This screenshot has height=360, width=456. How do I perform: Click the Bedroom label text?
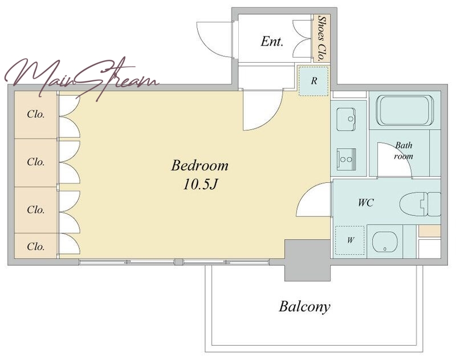point(199,166)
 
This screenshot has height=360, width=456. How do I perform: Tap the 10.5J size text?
point(201,185)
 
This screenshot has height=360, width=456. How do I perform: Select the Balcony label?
point(304,307)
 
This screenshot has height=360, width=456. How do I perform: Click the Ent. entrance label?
point(272,41)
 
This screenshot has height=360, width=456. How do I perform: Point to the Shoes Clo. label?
point(321,38)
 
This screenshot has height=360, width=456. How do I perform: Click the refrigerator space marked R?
point(313,81)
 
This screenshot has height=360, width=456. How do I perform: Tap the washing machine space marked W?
point(350,240)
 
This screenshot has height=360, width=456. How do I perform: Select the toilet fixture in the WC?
point(420,204)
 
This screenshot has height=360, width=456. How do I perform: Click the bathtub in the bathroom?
point(405,111)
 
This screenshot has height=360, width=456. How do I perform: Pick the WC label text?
point(365,203)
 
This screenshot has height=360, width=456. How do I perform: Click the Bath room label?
point(404,150)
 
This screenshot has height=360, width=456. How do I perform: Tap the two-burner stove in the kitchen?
point(347,159)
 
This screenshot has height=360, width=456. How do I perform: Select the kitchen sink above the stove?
point(346,120)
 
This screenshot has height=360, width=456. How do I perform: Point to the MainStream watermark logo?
point(82,79)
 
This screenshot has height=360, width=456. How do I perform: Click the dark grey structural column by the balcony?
point(307,260)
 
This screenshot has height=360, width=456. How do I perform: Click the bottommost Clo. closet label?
point(35,247)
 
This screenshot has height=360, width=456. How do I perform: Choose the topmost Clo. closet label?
point(35,114)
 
